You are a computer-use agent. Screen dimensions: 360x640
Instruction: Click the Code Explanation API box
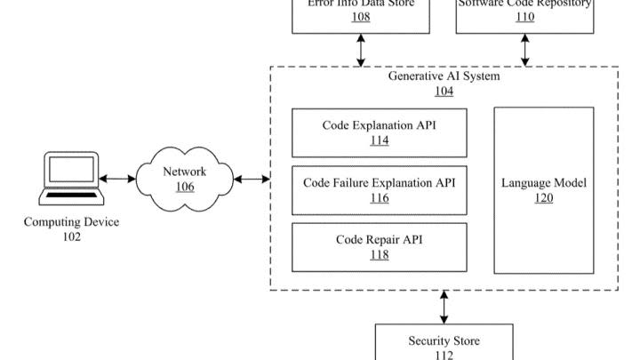tap(379, 132)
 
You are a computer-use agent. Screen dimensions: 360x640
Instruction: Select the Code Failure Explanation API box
tap(379, 190)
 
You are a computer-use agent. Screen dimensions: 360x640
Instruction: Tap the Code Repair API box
tap(379, 247)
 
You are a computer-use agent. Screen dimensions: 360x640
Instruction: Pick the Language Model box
tap(543, 190)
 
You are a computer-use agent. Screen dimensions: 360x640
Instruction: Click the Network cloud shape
tap(184, 179)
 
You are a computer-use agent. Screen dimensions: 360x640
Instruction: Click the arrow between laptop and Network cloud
tap(117, 180)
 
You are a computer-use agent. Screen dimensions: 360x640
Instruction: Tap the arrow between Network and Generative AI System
tap(252, 180)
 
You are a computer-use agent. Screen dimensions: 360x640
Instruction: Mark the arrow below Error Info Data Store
tap(361, 50)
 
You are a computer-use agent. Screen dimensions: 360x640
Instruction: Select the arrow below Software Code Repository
tap(524, 50)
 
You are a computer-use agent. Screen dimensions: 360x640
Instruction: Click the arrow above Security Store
tap(444, 307)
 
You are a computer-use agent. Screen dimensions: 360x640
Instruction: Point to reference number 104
tap(444, 92)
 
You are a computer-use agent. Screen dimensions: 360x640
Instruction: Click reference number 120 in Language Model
tap(543, 198)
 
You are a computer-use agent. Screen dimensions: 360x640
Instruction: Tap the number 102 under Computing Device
tap(71, 237)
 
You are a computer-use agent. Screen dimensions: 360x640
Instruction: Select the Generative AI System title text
tap(444, 76)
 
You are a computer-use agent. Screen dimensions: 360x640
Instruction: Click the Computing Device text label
tap(71, 222)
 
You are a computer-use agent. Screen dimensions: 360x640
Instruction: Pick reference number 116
tap(379, 198)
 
